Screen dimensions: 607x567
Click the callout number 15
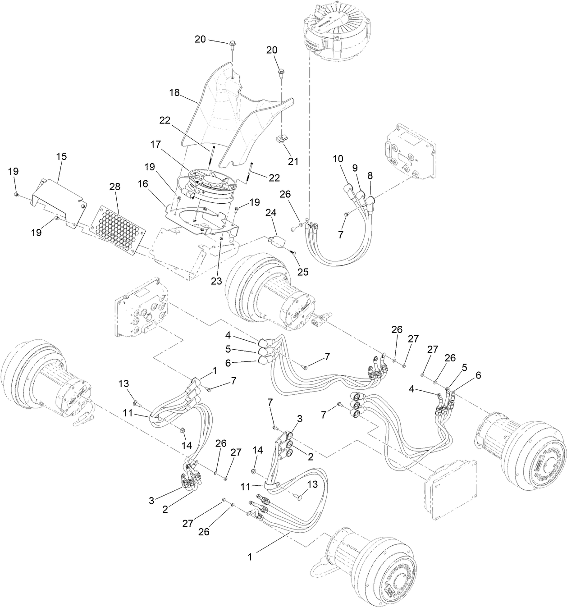pyautogui.click(x=61, y=156)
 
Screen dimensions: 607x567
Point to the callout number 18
pyautogui.click(x=174, y=92)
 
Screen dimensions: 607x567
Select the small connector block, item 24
pyautogui.click(x=277, y=241)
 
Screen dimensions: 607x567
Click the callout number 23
pyautogui.click(x=216, y=280)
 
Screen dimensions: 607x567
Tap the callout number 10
pyautogui.click(x=338, y=159)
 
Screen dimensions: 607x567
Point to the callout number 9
pyautogui.click(x=355, y=168)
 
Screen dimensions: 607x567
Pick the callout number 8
pyautogui.click(x=370, y=175)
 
